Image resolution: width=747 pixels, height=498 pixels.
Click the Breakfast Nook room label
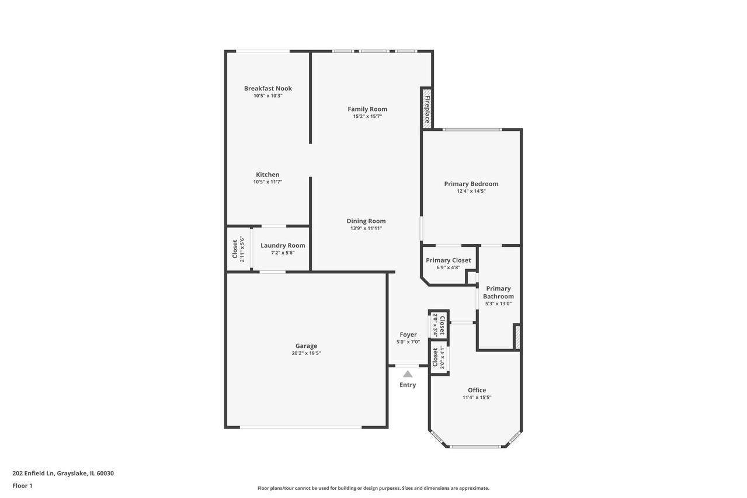click(x=267, y=88)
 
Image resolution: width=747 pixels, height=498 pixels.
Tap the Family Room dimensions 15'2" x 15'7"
click(x=367, y=116)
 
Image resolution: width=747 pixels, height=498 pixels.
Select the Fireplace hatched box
click(x=427, y=107)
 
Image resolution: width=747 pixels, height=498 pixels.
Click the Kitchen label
click(x=267, y=175)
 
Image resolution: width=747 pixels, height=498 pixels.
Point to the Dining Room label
click(x=366, y=221)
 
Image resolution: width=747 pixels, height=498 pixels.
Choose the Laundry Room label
click(x=283, y=245)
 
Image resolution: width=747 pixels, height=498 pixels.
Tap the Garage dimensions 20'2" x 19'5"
click(x=306, y=353)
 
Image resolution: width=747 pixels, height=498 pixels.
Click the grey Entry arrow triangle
click(x=408, y=374)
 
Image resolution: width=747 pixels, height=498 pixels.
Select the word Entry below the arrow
click(x=408, y=385)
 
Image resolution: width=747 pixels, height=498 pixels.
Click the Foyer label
click(x=408, y=335)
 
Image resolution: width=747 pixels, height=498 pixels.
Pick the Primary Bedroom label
click(x=471, y=184)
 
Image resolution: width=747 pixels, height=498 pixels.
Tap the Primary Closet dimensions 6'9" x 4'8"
click(x=448, y=267)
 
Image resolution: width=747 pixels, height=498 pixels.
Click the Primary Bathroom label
click(x=498, y=292)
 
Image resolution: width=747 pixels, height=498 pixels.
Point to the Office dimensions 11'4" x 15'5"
click(x=477, y=398)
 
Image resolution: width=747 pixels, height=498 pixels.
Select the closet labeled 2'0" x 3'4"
click(x=439, y=325)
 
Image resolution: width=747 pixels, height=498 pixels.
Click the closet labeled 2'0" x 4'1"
click(x=439, y=357)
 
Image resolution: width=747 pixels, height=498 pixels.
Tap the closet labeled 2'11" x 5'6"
click(x=238, y=249)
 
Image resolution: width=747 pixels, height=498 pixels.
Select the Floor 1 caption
click(x=22, y=486)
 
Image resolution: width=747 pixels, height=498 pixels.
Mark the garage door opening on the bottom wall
click(x=301, y=427)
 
